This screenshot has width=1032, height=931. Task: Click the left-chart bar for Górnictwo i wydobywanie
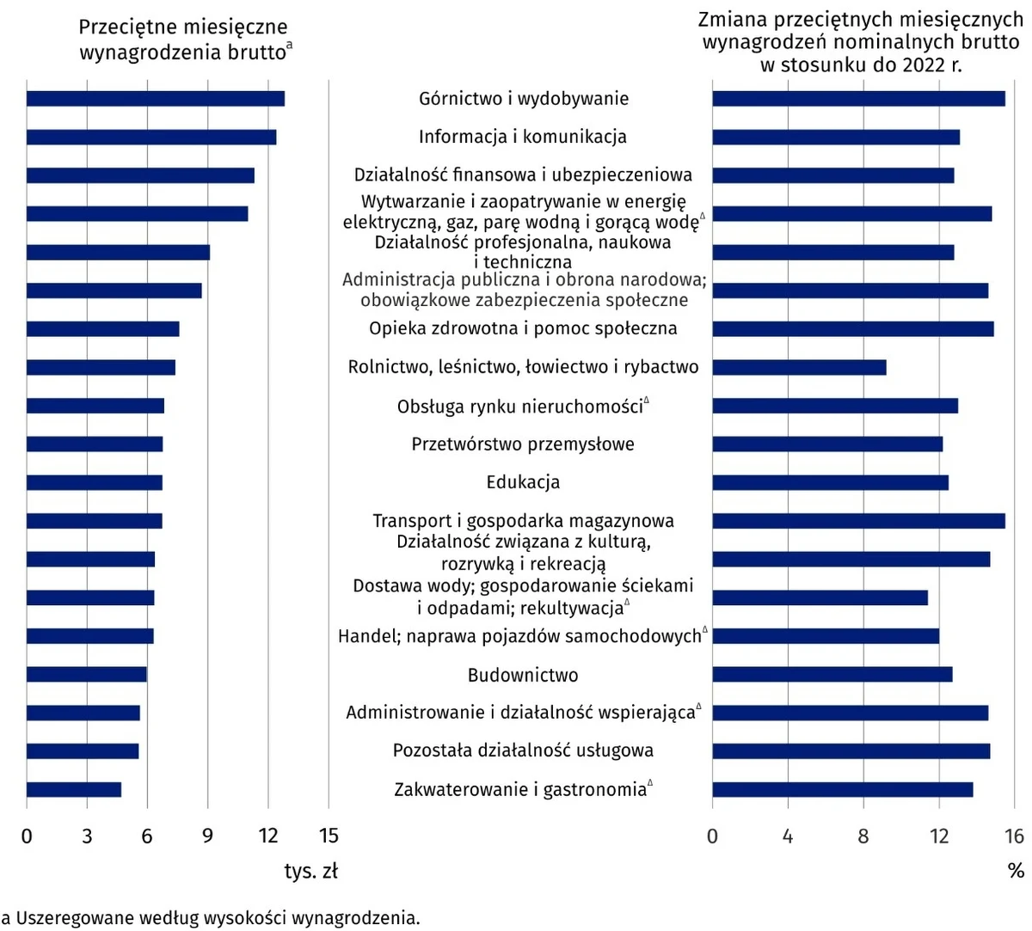[155, 99]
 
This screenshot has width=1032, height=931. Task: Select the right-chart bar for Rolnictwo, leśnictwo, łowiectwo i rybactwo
[799, 368]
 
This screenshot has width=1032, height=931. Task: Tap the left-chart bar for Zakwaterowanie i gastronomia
[74, 789]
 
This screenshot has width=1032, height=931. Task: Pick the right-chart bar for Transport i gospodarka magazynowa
[858, 521]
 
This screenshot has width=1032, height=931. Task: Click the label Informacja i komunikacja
[523, 137]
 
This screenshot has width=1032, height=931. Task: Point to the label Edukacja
[523, 482]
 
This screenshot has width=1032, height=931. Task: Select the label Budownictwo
[523, 675]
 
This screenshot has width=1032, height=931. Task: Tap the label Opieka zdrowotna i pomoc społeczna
[523, 328]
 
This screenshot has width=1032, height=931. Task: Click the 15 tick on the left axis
[329, 836]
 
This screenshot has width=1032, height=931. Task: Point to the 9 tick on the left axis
[207, 836]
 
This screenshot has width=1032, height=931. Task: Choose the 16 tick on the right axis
[1014, 836]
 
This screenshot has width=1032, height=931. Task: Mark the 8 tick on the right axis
[863, 836]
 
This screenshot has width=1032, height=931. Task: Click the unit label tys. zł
[311, 871]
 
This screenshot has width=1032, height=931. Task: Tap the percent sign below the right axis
[1016, 871]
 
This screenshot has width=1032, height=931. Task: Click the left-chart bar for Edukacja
[95, 482]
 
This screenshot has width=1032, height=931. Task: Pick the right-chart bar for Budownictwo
[832, 674]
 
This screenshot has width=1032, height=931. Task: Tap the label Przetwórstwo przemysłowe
[523, 444]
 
